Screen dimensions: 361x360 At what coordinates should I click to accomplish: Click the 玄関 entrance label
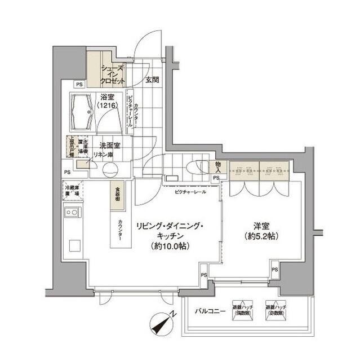pos(151,80)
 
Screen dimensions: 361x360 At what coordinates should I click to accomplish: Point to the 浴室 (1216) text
pos(108,100)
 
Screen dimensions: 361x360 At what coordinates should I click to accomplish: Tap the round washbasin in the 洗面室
pos(109,169)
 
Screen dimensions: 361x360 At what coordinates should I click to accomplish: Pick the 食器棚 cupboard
pos(114,195)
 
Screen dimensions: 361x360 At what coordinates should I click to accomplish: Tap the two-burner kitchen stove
pos(73,213)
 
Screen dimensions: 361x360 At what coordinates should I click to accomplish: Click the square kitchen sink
pos(74,246)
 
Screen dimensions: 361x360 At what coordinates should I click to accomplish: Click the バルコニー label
pos(211,311)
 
